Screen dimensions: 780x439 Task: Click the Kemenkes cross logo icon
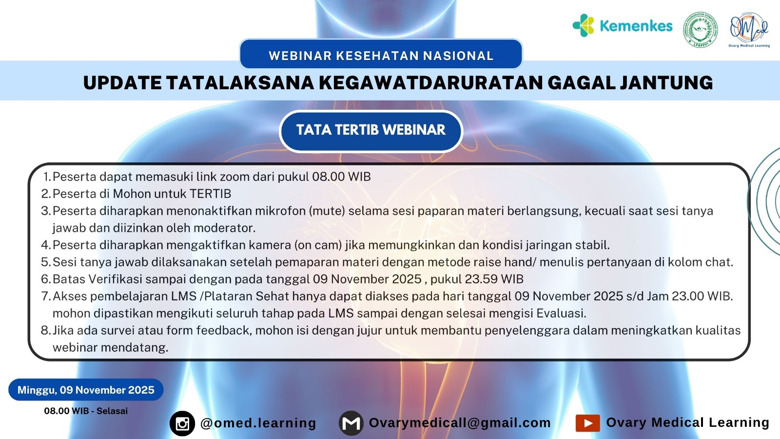coord(583,25)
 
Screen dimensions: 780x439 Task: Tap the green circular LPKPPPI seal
coord(700,30)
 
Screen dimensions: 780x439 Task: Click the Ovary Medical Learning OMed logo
coord(749,30)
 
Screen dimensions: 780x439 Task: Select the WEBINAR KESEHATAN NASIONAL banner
coord(381,54)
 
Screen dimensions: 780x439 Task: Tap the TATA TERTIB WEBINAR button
coord(371,131)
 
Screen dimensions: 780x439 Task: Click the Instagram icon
coord(182,424)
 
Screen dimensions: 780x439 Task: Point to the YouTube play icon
coord(587,423)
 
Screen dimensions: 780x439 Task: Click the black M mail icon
coord(351,423)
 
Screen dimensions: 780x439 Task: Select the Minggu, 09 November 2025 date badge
coord(86,390)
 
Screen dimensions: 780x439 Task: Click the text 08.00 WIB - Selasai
coord(86,411)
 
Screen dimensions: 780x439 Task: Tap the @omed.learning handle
coord(258,423)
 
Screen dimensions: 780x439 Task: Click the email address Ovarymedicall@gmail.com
coord(460,423)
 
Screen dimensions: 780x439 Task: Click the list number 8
coord(46,330)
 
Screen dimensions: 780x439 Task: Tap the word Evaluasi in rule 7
coord(561,313)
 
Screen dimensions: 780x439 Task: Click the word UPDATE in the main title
coord(122,83)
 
